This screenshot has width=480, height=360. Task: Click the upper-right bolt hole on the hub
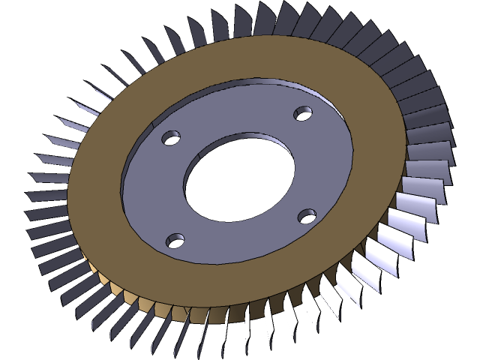[x=303, y=113]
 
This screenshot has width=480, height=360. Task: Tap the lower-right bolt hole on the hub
[x=307, y=216]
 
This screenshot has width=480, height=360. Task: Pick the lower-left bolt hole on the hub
[x=175, y=241]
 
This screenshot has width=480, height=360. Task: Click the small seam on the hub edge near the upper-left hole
[x=154, y=119]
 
